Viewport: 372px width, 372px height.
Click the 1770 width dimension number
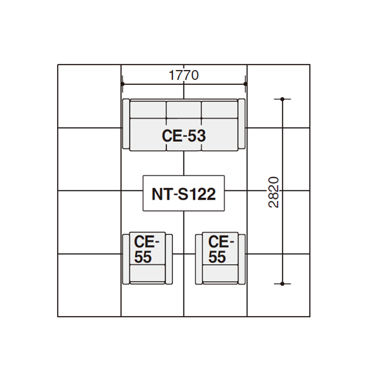(x=184, y=75)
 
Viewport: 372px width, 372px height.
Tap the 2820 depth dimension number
(x=273, y=192)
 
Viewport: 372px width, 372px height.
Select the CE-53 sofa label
(x=184, y=136)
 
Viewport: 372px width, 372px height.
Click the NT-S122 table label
(x=184, y=194)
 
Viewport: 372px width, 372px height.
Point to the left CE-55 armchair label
(x=146, y=249)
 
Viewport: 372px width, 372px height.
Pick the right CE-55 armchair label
(x=221, y=249)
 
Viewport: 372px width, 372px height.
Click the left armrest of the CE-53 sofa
(x=126, y=124)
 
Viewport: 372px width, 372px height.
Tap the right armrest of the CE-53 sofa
(x=242, y=124)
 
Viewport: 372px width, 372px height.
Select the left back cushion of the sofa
(x=148, y=110)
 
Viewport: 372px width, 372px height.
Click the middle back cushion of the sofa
(x=184, y=110)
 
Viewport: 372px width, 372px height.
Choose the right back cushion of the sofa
(x=219, y=110)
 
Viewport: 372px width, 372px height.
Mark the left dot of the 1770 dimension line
(x=122, y=84)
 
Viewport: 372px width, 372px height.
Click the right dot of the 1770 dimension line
(x=246, y=84)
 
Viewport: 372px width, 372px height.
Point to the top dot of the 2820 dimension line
(x=282, y=99)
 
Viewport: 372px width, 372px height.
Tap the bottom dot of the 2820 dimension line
(x=282, y=284)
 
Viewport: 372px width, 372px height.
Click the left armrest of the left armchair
(x=126, y=259)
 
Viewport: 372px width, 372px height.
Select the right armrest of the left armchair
(x=169, y=259)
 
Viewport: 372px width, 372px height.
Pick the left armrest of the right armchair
(x=199, y=259)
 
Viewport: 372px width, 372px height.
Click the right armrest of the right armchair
(x=242, y=259)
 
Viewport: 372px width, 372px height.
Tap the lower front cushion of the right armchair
(x=220, y=273)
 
